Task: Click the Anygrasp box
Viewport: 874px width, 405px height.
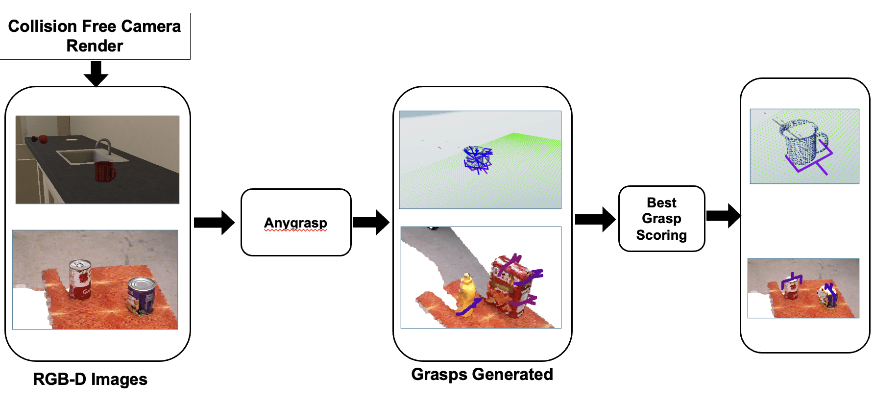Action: [x=296, y=222]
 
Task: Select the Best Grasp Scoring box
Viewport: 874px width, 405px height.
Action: [x=661, y=219]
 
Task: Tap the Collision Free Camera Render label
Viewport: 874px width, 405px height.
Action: [x=95, y=36]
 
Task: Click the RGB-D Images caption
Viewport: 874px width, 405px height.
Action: [x=90, y=379]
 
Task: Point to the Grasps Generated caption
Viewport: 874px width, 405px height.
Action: [x=482, y=374]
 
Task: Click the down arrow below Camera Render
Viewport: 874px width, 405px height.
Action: [x=96, y=73]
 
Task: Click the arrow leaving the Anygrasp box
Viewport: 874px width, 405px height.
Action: [x=371, y=223]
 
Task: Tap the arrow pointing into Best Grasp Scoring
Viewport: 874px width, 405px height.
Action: [x=595, y=219]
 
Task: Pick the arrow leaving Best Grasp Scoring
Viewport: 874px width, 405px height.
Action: [x=723, y=216]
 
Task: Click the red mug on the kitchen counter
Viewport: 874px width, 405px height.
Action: [x=104, y=172]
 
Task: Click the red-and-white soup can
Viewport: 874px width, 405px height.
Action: [x=80, y=278]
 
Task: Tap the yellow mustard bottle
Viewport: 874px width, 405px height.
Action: [x=467, y=292]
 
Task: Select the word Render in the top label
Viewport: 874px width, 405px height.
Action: [x=95, y=46]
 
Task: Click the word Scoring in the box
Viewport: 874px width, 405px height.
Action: [x=661, y=235]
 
